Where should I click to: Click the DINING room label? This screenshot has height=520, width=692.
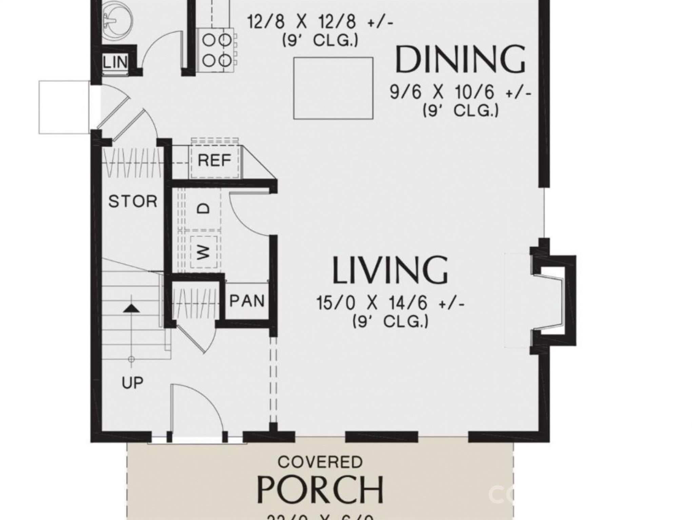460,60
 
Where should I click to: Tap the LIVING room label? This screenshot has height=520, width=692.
390,270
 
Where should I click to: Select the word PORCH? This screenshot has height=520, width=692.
320,490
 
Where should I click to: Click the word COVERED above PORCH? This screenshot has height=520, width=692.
320,462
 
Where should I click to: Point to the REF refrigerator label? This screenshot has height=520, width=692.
214,160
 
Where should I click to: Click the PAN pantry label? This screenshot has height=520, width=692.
247,301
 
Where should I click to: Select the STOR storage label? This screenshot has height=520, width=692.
133,202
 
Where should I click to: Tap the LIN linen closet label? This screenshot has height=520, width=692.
115,62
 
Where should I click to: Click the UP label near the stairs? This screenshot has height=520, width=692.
133,383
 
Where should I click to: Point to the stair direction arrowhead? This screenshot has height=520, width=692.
131,308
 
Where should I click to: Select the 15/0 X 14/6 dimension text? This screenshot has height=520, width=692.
390,303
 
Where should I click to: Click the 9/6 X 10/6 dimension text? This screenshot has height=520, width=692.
460,92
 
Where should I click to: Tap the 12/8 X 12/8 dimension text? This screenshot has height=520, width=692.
320,22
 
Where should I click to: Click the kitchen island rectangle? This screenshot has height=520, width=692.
333,88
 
